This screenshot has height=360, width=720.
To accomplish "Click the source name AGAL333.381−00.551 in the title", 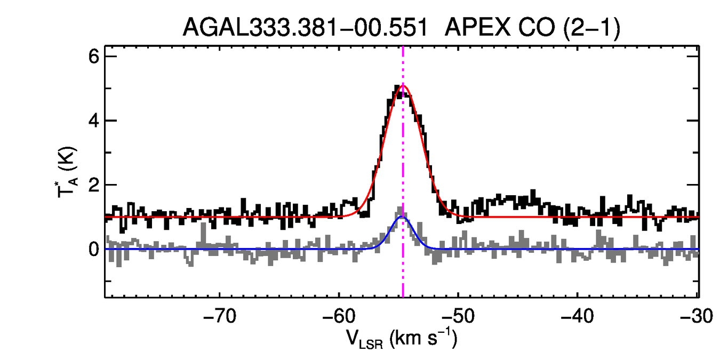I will coord(306,27).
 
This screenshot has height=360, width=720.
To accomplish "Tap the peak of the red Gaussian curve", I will coord(403,85).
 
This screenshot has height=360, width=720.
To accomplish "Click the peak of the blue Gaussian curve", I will coord(402,217).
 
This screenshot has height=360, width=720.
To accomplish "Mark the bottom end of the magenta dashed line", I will coord(403,296).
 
